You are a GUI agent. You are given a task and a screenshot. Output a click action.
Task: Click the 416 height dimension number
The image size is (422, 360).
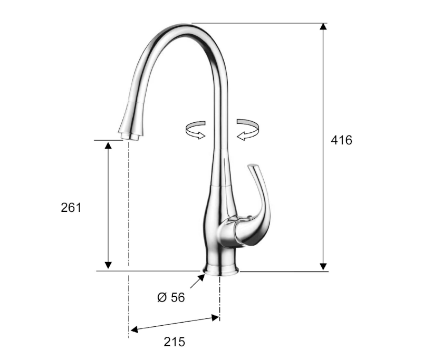coord(341,140)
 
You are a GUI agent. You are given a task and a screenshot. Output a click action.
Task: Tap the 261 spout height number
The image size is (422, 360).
coord(71,208)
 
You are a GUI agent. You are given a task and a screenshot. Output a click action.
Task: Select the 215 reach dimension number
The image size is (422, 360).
coord(175,342)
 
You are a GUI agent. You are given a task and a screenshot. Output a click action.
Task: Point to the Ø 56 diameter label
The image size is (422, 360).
coord(171,297)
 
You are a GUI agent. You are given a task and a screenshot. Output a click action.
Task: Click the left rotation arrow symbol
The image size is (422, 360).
coord(195,130)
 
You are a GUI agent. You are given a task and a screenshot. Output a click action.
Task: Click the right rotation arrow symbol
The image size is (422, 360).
coord(247,130)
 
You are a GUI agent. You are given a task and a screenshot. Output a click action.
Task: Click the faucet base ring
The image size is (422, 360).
coord(221,270)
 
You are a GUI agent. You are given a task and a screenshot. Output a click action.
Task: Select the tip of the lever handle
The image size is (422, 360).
coord(253,166)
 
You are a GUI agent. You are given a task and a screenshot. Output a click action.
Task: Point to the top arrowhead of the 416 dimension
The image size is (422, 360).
coord(323,26)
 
